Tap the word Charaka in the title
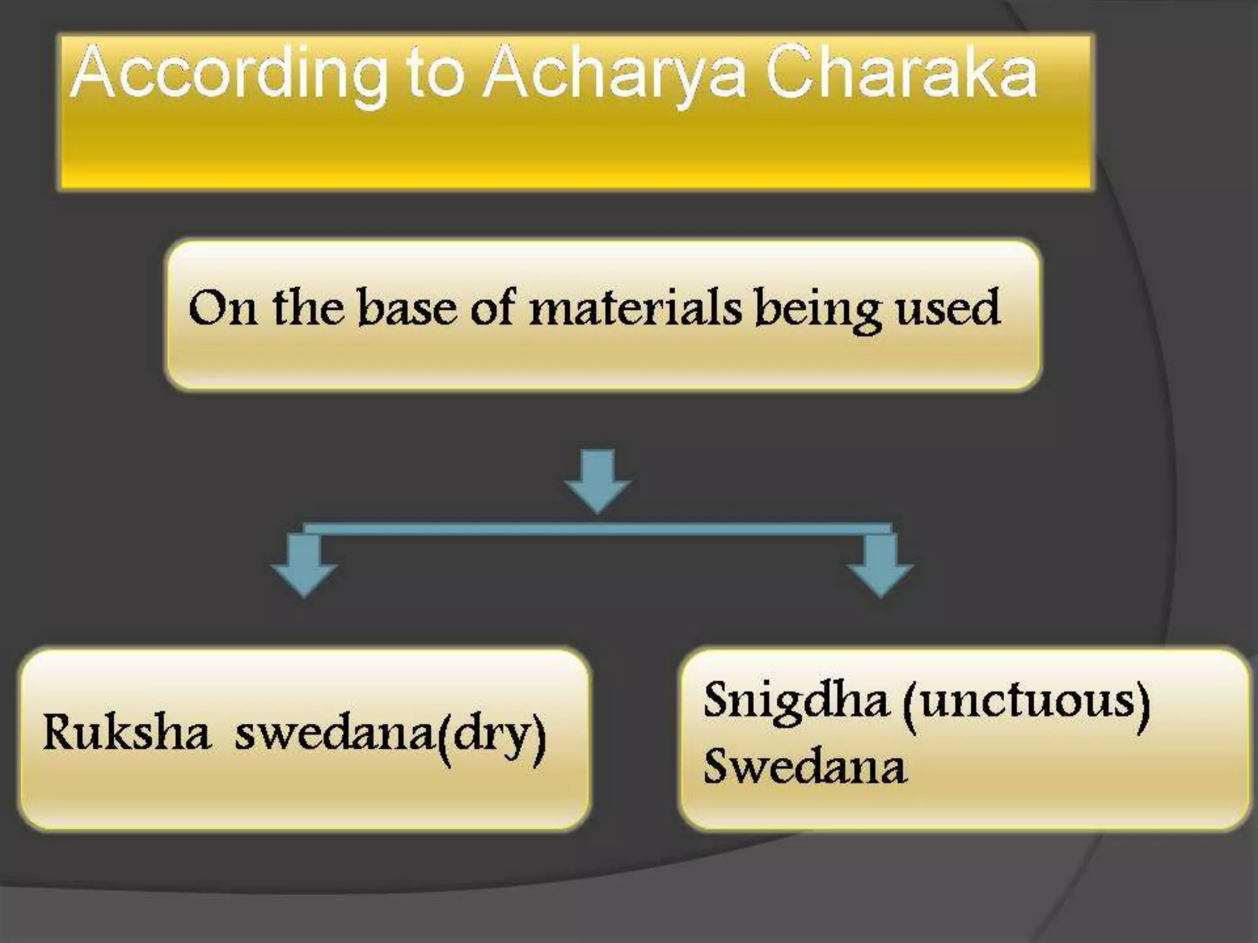[x=901, y=74]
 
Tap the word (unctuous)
[x=1026, y=701]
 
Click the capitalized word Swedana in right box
[x=805, y=767]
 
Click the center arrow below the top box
[x=598, y=482]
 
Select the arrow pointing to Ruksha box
[x=304, y=565]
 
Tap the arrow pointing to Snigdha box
[x=880, y=565]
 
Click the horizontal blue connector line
[x=598, y=529]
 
